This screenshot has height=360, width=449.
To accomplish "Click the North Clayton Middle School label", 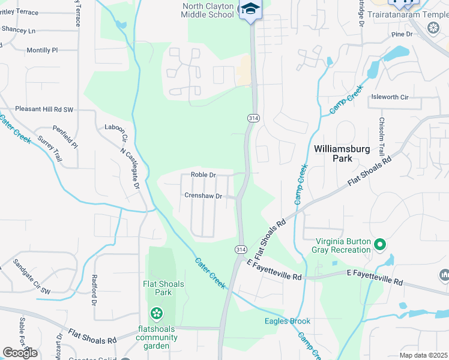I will (x=208, y=10).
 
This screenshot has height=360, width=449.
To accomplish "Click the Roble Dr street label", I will (x=203, y=175).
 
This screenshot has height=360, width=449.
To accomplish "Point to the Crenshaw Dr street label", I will (x=203, y=196).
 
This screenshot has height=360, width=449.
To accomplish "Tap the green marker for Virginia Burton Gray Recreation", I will (x=379, y=244).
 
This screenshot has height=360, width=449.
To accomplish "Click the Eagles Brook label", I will (x=288, y=321).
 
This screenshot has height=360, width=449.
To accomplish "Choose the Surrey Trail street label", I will (x=49, y=148).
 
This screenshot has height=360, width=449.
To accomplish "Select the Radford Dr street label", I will (x=94, y=290).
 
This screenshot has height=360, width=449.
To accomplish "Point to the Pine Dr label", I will (x=402, y=35).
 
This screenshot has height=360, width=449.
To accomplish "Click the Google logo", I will (x=20, y=352).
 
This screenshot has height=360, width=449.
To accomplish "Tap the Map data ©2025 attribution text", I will (x=423, y=355).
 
